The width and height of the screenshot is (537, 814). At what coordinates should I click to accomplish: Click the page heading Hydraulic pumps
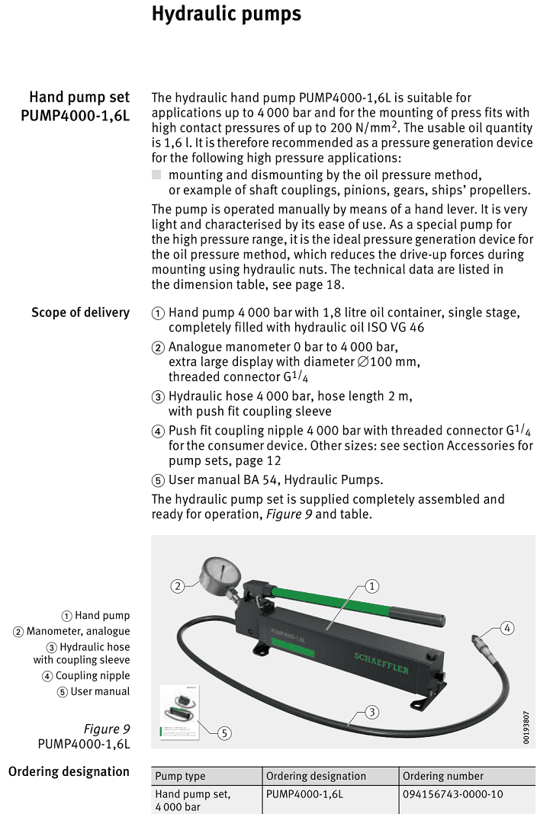click(227, 14)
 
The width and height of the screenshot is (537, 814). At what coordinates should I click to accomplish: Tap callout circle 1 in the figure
click(371, 586)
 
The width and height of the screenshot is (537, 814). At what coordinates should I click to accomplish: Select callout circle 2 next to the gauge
click(178, 586)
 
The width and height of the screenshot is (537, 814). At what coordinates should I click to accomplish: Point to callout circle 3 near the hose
click(371, 712)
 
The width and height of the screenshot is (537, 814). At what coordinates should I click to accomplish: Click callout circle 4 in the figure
click(507, 628)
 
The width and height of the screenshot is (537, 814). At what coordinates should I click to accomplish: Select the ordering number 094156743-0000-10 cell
click(453, 793)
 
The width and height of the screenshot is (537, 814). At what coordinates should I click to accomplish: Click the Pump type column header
click(180, 776)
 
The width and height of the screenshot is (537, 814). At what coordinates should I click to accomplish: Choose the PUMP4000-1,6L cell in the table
click(304, 793)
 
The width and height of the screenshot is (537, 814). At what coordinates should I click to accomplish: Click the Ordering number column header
click(443, 776)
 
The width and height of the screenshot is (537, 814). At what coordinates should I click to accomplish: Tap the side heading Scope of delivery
click(80, 312)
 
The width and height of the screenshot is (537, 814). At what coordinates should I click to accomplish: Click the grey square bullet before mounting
click(156, 175)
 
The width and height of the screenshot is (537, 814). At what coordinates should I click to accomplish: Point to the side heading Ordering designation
click(69, 771)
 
